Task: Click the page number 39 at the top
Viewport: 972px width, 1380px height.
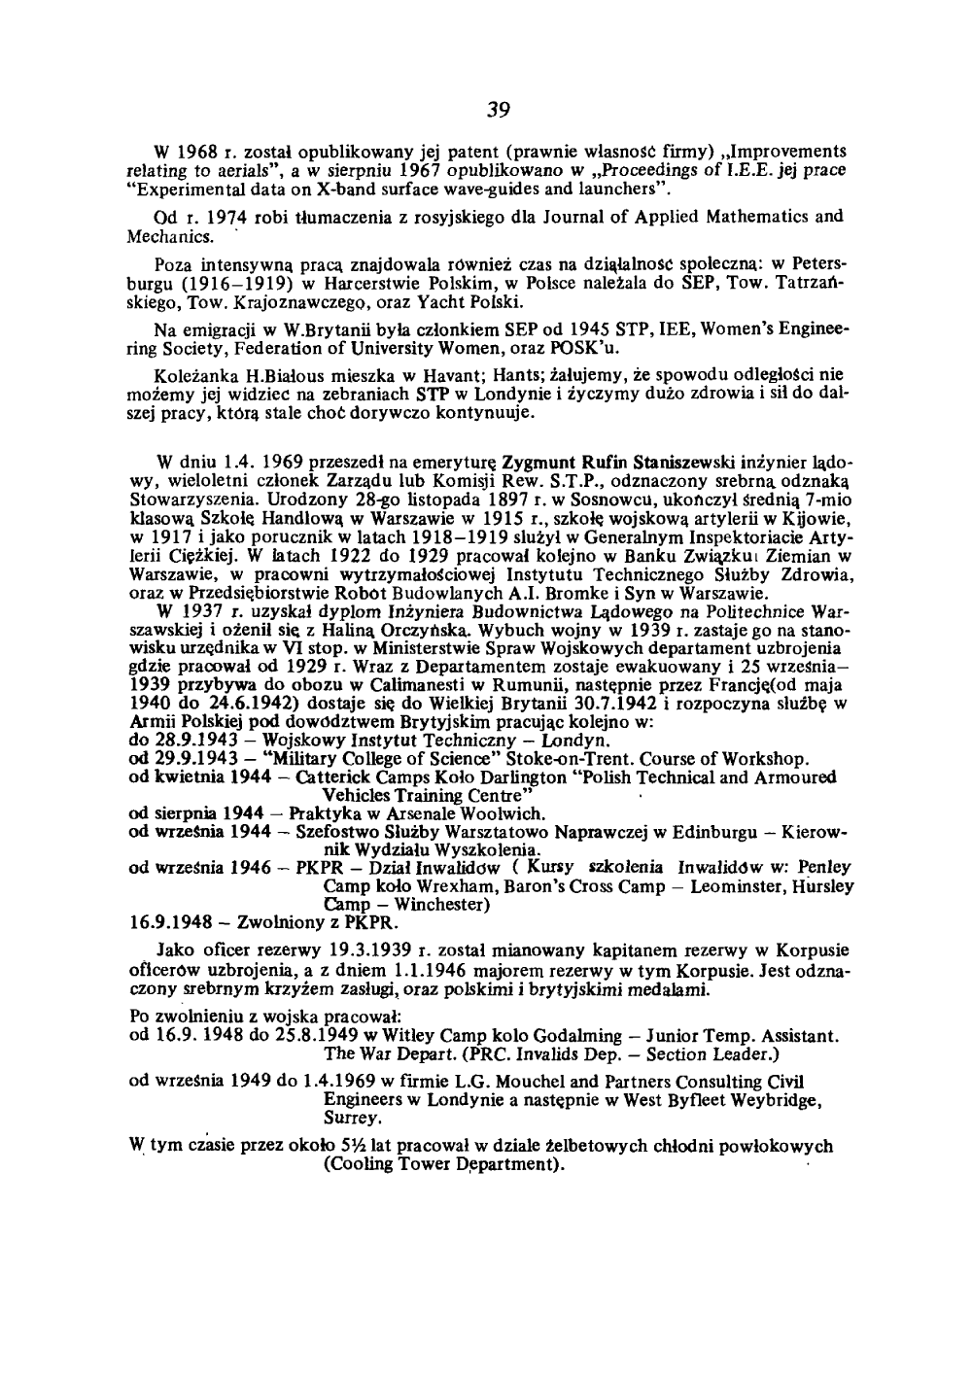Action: point(499,107)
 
